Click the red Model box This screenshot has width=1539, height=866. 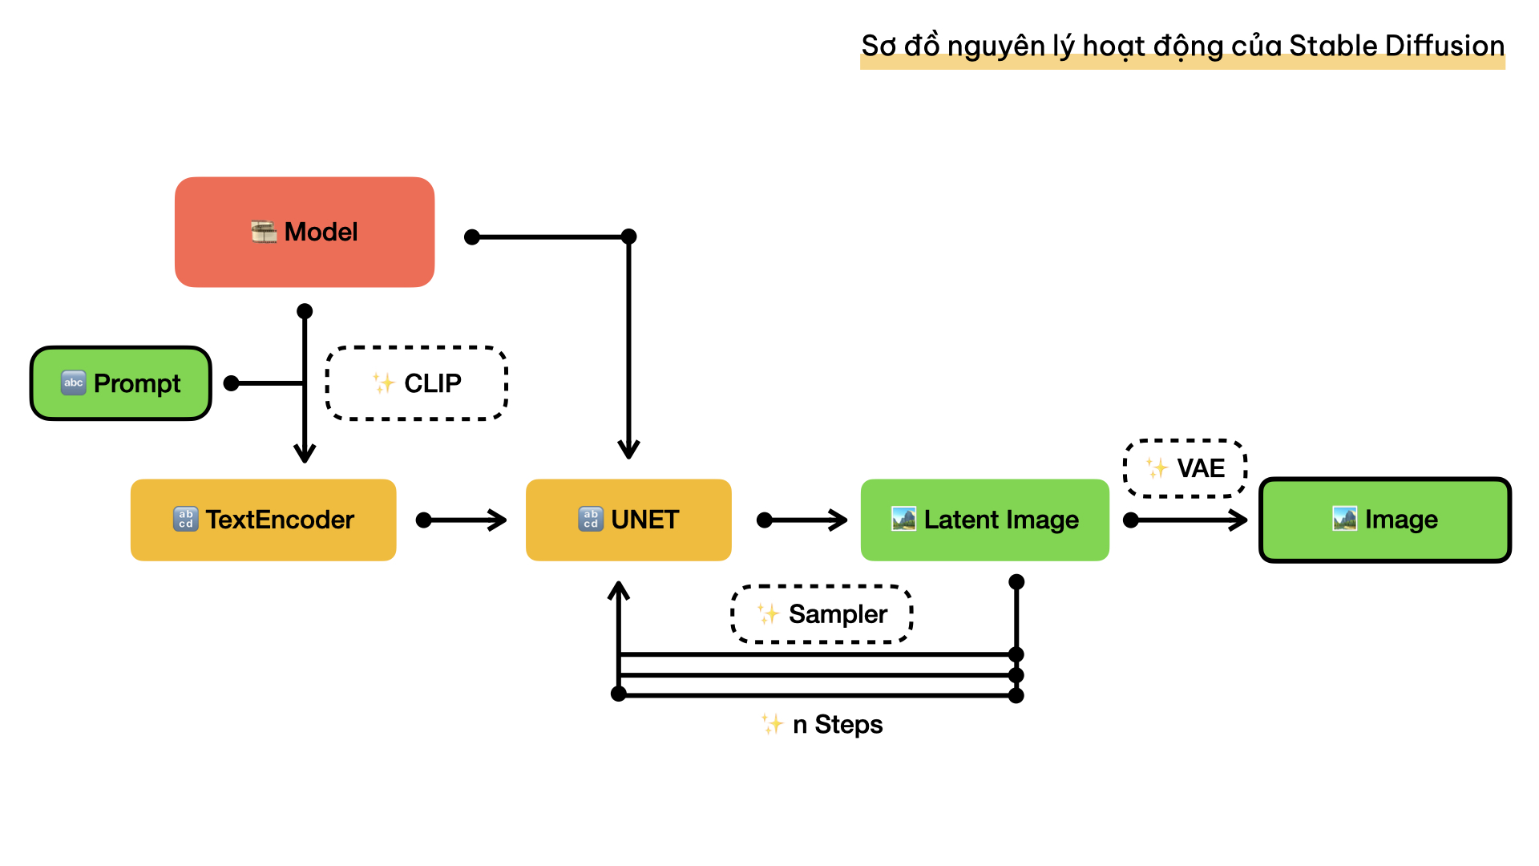(305, 232)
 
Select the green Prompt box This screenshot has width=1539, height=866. (121, 383)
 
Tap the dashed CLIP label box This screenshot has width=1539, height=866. (417, 383)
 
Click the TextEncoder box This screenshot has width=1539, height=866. (263, 520)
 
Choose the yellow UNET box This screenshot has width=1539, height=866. (628, 520)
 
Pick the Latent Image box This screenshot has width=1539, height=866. (984, 520)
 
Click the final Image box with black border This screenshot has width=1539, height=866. (1385, 520)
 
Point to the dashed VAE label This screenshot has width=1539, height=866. (1186, 468)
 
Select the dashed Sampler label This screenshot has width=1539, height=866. (822, 614)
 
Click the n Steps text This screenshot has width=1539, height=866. (837, 725)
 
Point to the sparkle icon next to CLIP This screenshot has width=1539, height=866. (384, 383)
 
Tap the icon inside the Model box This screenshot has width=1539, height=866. (264, 232)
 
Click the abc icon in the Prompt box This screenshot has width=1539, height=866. (74, 382)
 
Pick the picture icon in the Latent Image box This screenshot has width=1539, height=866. (903, 519)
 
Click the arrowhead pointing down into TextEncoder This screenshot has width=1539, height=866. (305, 454)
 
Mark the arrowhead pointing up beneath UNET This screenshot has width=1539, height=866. (619, 592)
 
